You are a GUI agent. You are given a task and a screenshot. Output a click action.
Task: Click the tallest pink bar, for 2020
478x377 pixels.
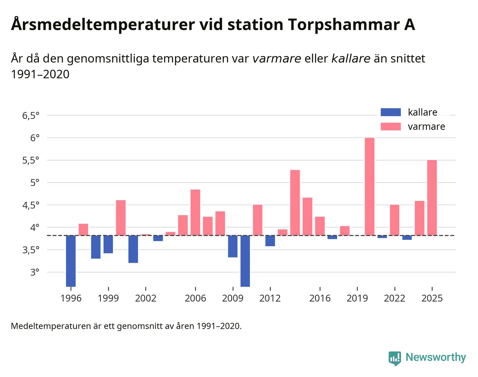click(x=370, y=186)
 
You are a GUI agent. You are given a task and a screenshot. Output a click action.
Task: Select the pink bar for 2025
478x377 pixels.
click(x=432, y=197)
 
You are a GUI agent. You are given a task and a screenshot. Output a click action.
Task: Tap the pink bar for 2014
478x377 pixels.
click(x=295, y=202)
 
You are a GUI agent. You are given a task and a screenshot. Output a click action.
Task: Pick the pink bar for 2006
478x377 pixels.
click(x=195, y=212)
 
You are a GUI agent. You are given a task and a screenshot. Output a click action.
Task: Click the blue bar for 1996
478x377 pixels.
click(x=71, y=261)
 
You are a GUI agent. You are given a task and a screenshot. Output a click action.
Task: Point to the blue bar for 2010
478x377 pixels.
click(x=245, y=261)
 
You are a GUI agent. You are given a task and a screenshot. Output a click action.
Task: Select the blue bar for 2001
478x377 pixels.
click(x=133, y=249)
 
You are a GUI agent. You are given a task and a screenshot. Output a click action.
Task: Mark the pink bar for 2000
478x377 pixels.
click(x=121, y=218)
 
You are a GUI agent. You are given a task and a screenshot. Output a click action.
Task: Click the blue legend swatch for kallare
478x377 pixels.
click(x=391, y=112)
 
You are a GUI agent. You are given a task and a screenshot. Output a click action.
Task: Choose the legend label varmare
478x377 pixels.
click(x=426, y=126)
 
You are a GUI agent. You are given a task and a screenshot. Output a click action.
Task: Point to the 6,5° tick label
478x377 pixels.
click(x=31, y=116)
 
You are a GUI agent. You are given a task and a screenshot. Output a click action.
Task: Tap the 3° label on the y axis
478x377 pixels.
click(x=35, y=272)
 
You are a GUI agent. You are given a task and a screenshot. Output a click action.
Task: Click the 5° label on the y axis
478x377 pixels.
click(x=35, y=183)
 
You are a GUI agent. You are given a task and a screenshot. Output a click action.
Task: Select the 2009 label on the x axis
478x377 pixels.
click(x=233, y=298)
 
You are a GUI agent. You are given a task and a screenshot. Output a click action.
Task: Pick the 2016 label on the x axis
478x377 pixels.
click(x=320, y=298)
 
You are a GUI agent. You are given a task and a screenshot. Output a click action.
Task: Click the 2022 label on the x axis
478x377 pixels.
click(x=395, y=298)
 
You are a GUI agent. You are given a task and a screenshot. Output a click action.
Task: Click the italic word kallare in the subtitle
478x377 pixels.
click(x=351, y=58)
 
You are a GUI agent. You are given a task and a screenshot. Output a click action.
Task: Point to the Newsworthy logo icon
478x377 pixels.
click(x=395, y=358)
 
